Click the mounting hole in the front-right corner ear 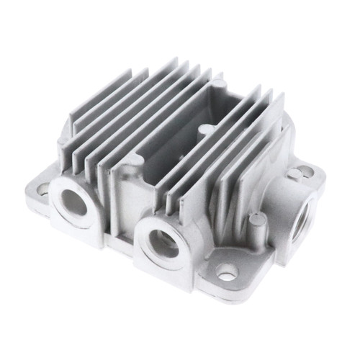[228, 273]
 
